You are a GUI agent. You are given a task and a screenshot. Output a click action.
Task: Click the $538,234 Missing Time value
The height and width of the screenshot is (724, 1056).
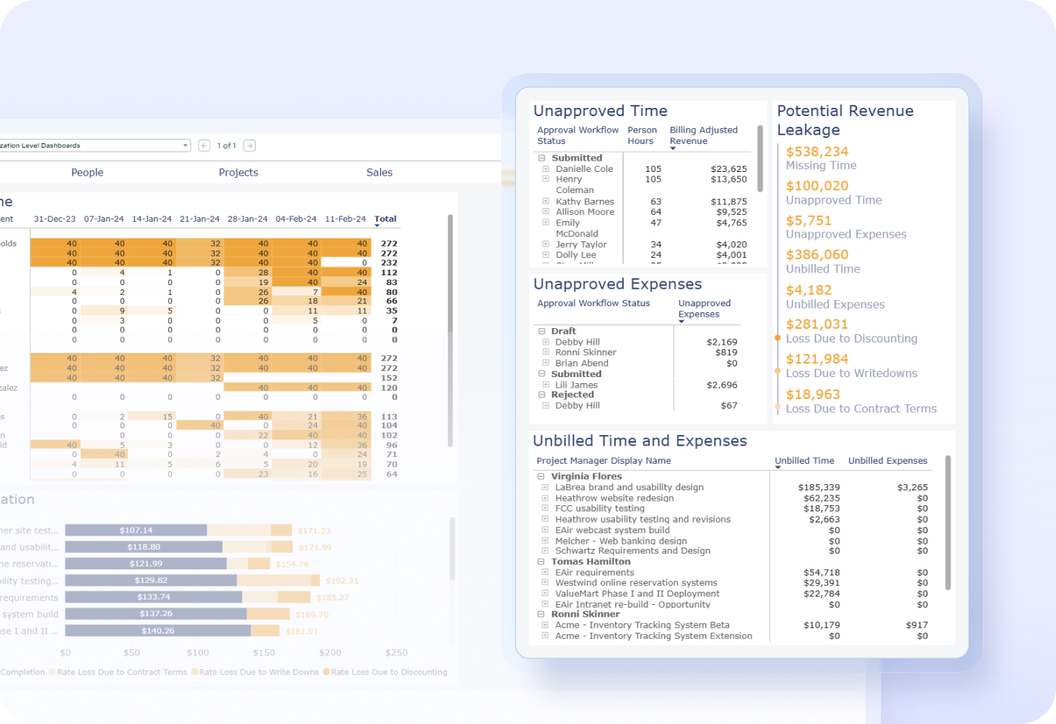click(817, 152)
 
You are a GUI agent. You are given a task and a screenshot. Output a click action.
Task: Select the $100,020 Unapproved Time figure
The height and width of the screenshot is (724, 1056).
click(817, 186)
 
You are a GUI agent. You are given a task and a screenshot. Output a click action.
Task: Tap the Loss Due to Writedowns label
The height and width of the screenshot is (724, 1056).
click(852, 373)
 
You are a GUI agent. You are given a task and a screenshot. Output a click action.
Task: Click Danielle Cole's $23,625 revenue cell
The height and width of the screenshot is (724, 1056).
click(728, 169)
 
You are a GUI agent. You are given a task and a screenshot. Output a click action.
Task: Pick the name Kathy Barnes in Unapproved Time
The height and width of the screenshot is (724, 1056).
click(585, 201)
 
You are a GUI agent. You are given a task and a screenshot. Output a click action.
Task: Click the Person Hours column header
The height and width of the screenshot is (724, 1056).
click(641, 135)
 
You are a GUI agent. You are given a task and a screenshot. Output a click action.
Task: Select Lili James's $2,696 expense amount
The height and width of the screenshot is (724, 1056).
click(722, 385)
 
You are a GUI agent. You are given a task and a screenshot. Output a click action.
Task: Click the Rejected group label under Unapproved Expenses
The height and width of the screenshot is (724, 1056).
click(572, 394)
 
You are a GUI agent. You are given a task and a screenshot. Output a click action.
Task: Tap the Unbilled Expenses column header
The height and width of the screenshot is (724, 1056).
click(887, 461)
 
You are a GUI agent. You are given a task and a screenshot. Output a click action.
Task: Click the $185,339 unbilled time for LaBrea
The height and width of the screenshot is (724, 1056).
click(818, 487)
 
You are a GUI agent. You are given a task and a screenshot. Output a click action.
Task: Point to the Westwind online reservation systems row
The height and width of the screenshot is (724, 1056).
click(636, 582)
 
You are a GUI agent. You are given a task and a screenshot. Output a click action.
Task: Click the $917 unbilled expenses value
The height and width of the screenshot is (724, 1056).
click(916, 624)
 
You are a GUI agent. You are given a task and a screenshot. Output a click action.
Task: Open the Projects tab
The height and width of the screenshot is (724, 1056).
click(238, 172)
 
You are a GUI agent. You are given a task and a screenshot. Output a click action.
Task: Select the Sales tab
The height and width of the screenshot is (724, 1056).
click(379, 172)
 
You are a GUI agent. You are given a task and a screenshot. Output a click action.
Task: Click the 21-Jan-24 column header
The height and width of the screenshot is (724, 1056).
click(199, 219)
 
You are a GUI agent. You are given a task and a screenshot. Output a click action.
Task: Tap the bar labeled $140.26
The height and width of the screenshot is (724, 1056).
click(158, 630)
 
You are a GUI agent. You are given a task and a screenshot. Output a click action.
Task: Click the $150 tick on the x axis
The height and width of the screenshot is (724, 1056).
click(264, 652)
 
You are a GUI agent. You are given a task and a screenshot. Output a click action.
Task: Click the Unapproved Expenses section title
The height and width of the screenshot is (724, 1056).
click(617, 284)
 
